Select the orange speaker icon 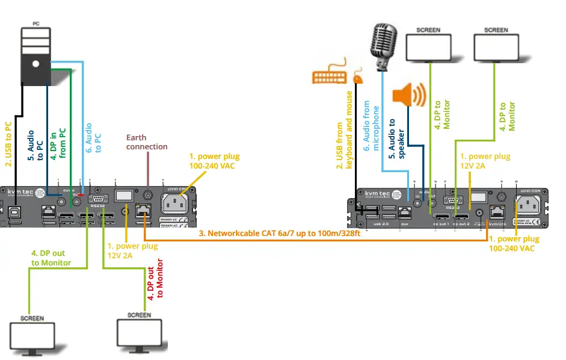pos(409,95)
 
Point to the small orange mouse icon pos(358,78)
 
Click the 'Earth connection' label pos(146,142)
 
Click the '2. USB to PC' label pos(8,144)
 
